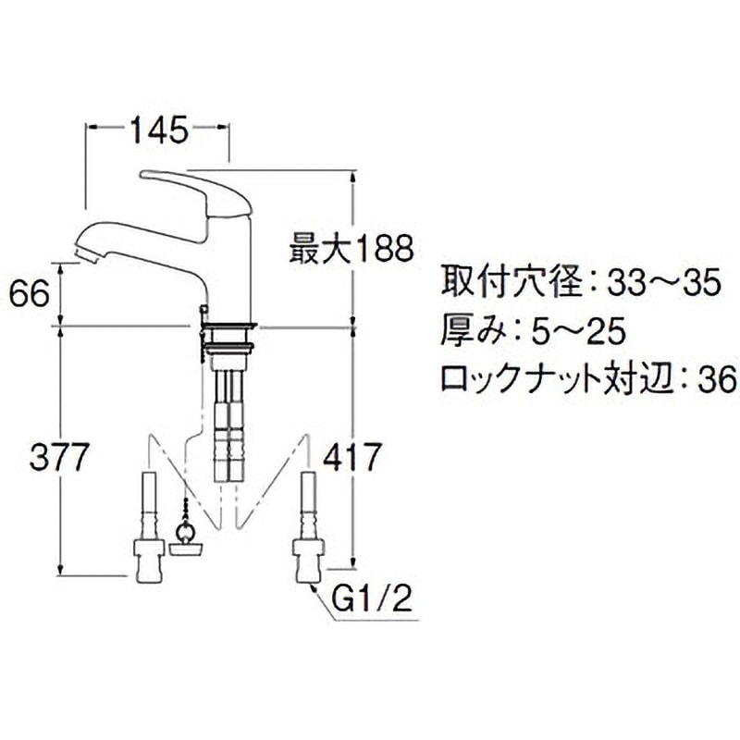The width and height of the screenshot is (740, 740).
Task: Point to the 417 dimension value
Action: click(351, 456)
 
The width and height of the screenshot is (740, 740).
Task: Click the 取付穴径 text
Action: click(506, 283)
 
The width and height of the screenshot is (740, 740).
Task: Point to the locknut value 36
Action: click(715, 378)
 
